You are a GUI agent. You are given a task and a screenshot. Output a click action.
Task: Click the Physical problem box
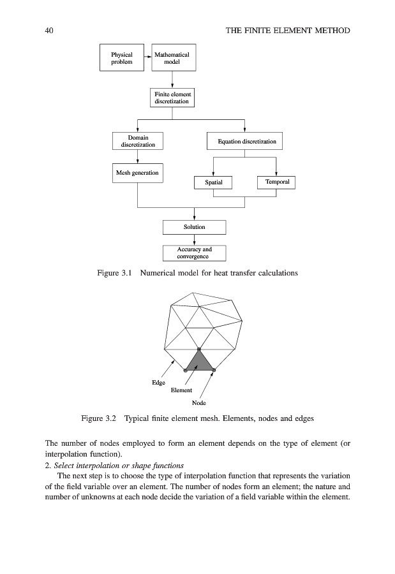(x=122, y=59)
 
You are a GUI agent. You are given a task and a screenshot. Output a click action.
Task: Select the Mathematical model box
(x=172, y=59)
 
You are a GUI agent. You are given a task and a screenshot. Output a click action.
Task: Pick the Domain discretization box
(x=138, y=141)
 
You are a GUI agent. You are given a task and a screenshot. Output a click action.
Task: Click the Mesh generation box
(x=138, y=173)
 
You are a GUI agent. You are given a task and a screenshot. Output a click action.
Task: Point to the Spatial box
(x=214, y=182)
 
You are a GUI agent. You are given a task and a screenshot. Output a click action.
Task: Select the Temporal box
(x=276, y=182)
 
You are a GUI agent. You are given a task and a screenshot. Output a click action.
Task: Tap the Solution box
(x=195, y=227)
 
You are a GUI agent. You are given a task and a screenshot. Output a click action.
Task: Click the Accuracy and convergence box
(x=195, y=253)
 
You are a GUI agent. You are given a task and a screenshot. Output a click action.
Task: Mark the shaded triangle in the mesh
(x=200, y=363)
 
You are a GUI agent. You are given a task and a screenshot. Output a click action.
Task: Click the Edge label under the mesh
(x=158, y=383)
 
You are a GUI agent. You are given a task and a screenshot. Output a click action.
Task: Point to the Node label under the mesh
(x=199, y=402)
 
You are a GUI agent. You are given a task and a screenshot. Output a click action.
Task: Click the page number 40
(x=49, y=31)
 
